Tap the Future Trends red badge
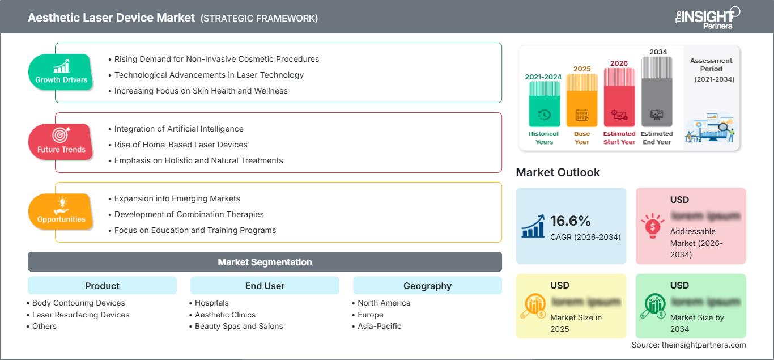pyautogui.click(x=61, y=142)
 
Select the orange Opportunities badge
pyautogui.click(x=61, y=211)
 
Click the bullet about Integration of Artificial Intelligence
pyautogui.click(x=178, y=129)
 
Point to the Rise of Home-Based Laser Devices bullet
pyautogui.click(x=181, y=145)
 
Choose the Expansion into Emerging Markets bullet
pyautogui.click(x=177, y=198)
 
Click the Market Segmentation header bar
pyautogui.click(x=265, y=262)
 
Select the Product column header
pyautogui.click(x=102, y=286)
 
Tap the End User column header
pyautogui.click(x=265, y=286)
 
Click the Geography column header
pyautogui.click(x=427, y=286)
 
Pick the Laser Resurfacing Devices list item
pyautogui.click(x=80, y=315)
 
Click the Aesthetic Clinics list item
pyautogui.click(x=225, y=315)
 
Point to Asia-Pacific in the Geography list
pyautogui.click(x=379, y=326)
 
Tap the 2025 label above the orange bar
pyautogui.click(x=581, y=69)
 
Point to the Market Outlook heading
pyautogui.click(x=558, y=172)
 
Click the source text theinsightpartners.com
pyautogui.click(x=689, y=345)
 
